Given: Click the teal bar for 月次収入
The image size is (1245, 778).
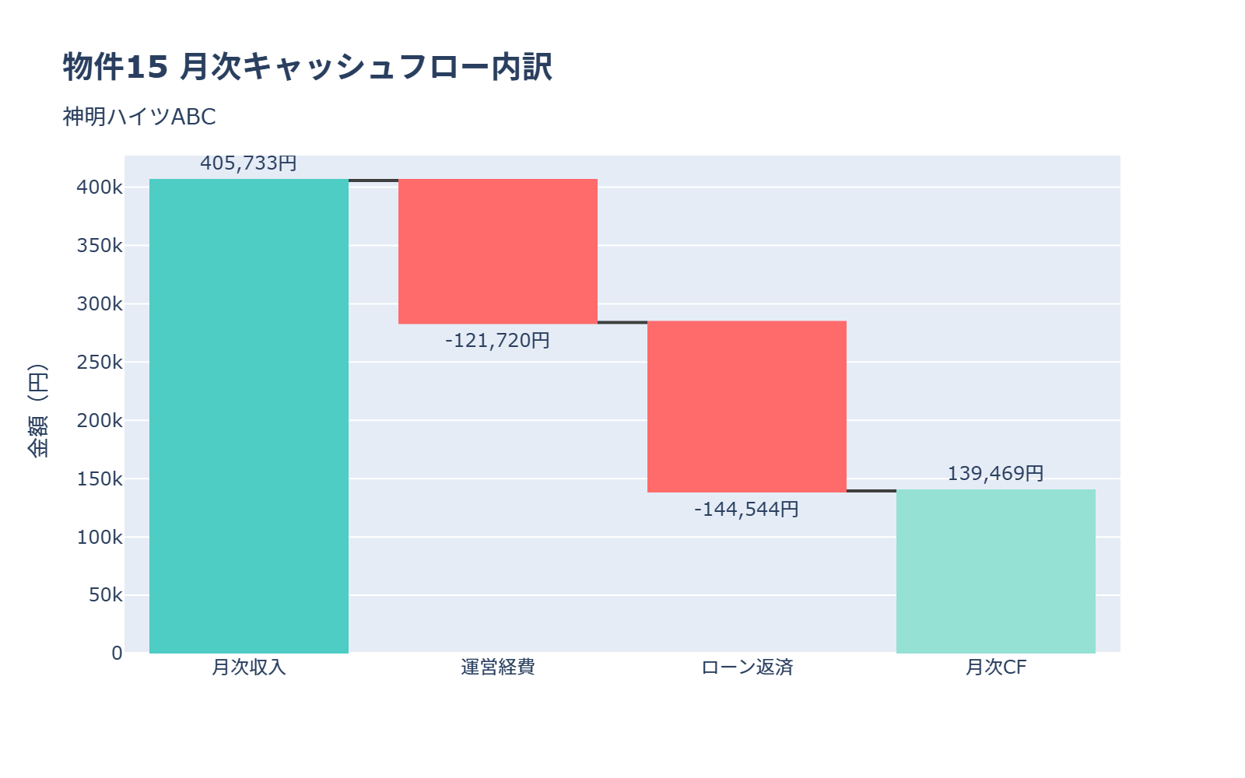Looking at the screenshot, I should click(x=249, y=416).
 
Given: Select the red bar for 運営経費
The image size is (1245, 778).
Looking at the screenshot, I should click(x=498, y=251).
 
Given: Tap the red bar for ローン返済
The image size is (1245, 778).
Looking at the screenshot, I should click(x=747, y=406).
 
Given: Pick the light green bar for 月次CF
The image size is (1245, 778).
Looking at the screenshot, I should click(x=996, y=571).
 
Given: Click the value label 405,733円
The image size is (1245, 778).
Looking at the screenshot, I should click(x=249, y=163).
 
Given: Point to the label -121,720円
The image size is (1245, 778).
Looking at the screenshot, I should click(x=498, y=341).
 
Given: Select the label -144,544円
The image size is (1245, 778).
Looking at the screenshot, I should click(x=747, y=510).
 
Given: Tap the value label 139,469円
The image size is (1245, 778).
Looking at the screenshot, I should click(x=996, y=474).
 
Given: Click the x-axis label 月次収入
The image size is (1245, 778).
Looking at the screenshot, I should click(x=249, y=668).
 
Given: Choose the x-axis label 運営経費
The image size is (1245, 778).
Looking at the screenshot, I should click(x=498, y=668).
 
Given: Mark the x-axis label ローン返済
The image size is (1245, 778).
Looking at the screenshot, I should click(x=747, y=668).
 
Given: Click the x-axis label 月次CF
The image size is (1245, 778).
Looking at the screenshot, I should click(x=996, y=668).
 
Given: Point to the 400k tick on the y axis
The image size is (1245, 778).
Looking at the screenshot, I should click(x=100, y=187).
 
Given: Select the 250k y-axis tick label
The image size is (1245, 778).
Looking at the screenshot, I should click(x=100, y=363).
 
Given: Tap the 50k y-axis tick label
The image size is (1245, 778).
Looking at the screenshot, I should click(x=105, y=595).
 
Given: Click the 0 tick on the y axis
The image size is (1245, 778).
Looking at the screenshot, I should click(x=117, y=654).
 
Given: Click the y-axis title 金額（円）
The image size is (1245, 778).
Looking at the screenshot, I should click(x=37, y=410).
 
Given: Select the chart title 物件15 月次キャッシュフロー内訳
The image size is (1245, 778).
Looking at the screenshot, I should click(x=307, y=67).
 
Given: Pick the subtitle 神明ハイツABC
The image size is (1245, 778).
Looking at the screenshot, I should click(x=139, y=117).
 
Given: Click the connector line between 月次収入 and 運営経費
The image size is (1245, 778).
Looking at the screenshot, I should click(x=373, y=180).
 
